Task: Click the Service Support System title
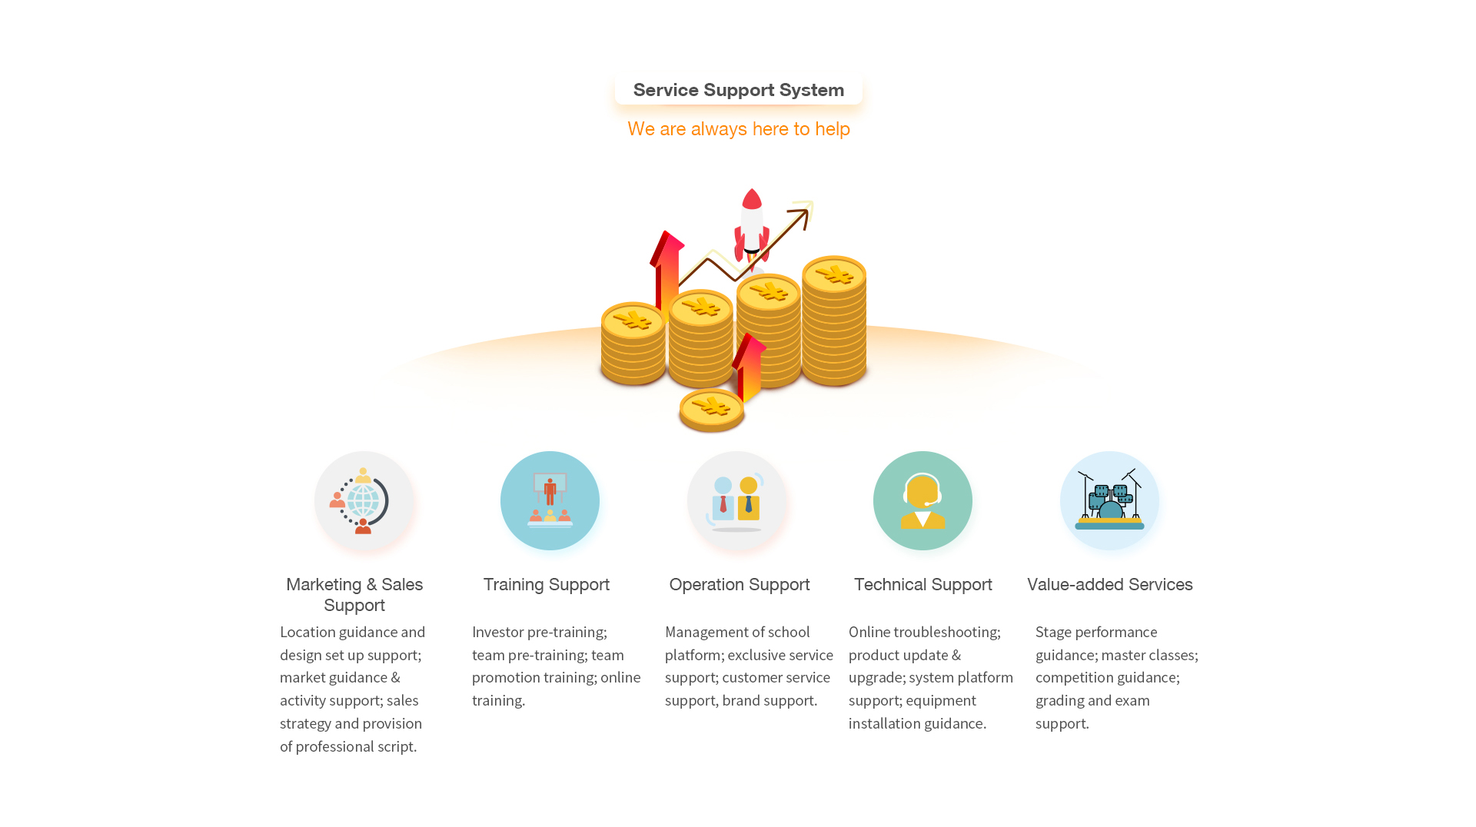point(738,90)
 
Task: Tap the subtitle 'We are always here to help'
point(738,129)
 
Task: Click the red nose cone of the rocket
point(752,199)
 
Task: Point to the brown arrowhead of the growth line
point(801,218)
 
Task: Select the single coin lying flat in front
point(711,410)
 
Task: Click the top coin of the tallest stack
point(834,274)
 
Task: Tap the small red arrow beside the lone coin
point(749,367)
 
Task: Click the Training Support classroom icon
point(550,500)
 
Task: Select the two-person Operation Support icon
point(736,501)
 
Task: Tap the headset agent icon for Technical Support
point(922,500)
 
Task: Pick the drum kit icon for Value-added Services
point(1109,500)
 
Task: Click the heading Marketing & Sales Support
point(354,595)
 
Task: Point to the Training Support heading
point(547,585)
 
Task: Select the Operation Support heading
point(740,585)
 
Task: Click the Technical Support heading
point(923,585)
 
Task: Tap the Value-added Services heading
point(1110,585)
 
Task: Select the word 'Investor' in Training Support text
point(497,632)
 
